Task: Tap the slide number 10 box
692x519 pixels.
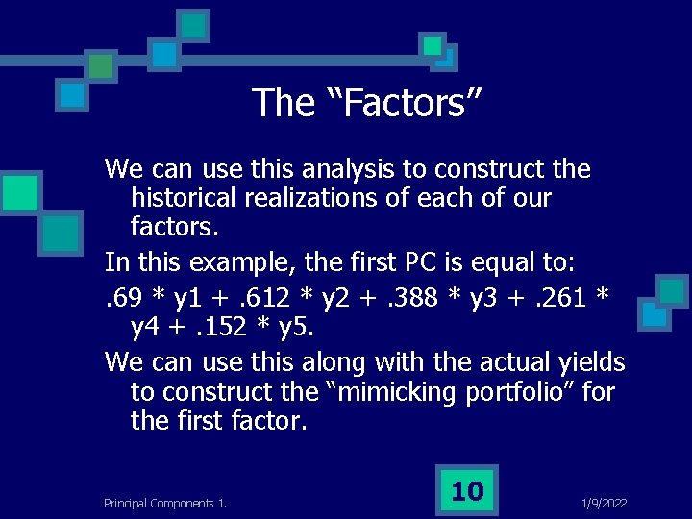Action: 467,491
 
